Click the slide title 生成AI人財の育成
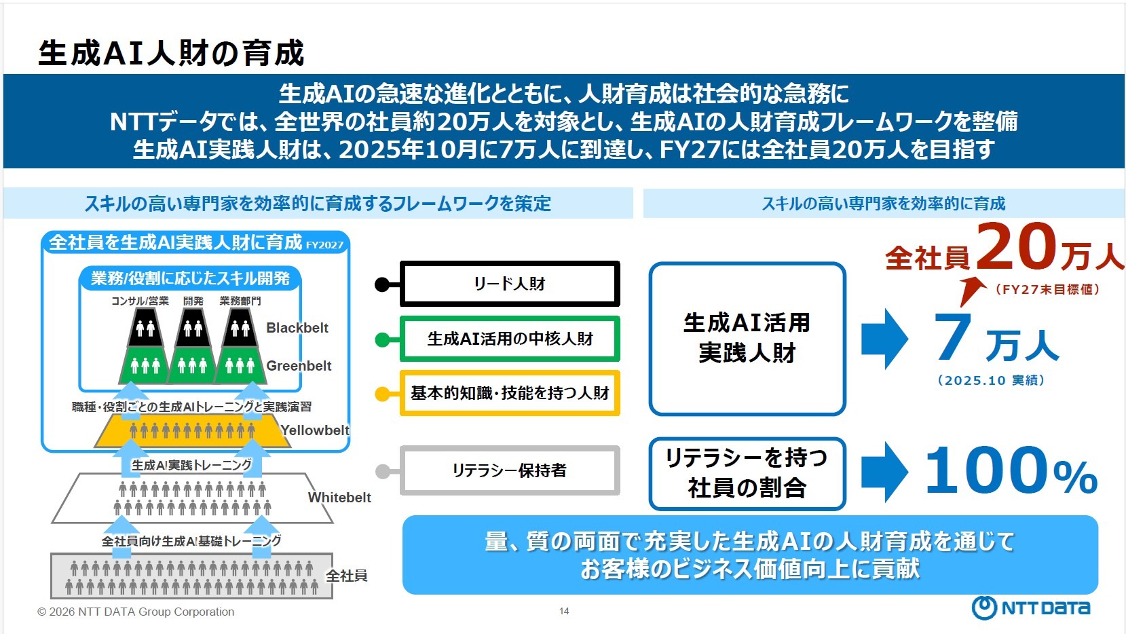[x=171, y=54]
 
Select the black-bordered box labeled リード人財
[x=510, y=284]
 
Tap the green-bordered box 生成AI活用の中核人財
[x=510, y=338]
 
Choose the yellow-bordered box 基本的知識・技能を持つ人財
[x=510, y=393]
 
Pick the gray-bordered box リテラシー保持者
[x=510, y=470]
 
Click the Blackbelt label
[x=297, y=328]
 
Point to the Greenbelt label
[x=299, y=366]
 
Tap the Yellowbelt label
[x=315, y=430]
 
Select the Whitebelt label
[x=339, y=498]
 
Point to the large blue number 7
[x=954, y=337]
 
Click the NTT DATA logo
[x=1031, y=608]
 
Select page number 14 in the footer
[x=564, y=612]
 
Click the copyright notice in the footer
[x=136, y=612]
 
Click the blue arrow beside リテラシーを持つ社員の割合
[x=884, y=472]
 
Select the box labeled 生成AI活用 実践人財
[x=747, y=338]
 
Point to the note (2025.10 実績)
[x=991, y=381]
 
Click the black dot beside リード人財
[x=382, y=284]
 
